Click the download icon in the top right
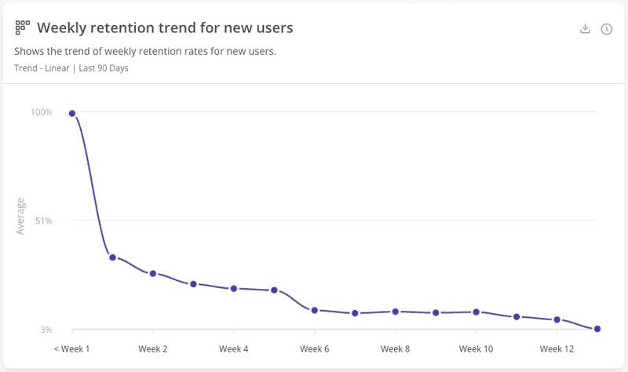point(585,29)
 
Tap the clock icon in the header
point(607,29)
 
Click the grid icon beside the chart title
point(22,28)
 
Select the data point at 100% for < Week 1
point(72,114)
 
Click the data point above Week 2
point(153,273)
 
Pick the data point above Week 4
point(234,289)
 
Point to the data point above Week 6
point(315,310)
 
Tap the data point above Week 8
point(396,312)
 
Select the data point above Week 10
point(476,312)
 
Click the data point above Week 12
point(557,319)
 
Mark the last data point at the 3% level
point(597,329)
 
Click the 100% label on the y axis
point(42,112)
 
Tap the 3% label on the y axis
point(46,330)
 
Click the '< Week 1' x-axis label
point(72,348)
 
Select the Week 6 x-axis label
point(315,348)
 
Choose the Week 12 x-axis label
point(557,348)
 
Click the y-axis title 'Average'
point(21,217)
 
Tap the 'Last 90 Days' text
point(104,68)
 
